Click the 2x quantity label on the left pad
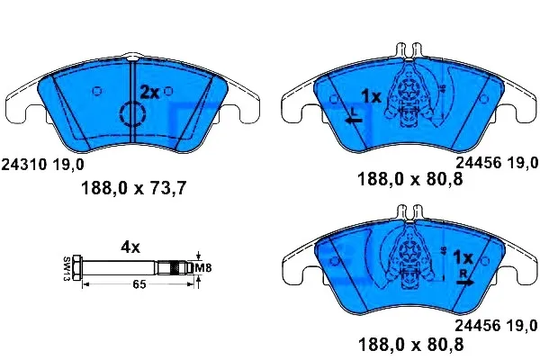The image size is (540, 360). pos(148,92)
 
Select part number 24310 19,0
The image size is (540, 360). pos(44,164)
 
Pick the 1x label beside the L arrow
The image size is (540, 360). pos(371,95)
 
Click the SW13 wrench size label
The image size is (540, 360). pos(67,267)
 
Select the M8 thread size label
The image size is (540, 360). pos(205,266)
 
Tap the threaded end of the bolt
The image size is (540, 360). pos(175,267)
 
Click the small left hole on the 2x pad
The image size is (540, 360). pos(97,90)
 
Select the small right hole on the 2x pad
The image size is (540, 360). pos(170,90)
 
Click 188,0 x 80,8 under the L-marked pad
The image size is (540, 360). pos(410,180)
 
